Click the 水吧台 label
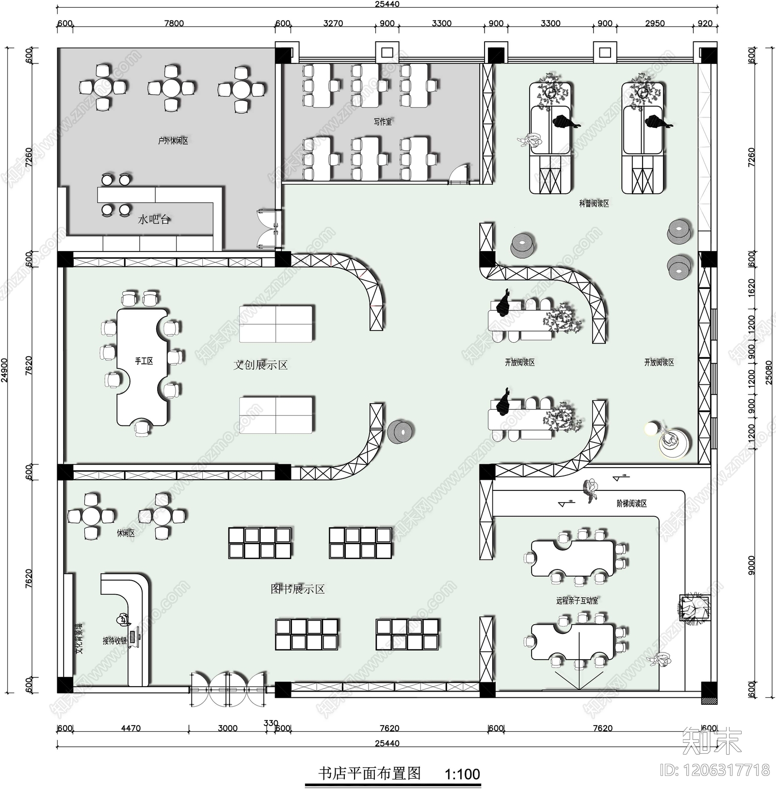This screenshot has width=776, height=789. tap(154, 220)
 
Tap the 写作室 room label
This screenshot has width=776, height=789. tap(383, 122)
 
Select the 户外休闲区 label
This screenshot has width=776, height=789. tap(173, 141)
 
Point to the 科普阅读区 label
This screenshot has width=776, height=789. tap(594, 204)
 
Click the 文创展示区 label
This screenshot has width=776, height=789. tap(260, 365)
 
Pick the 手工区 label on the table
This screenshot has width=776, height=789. tap(144, 361)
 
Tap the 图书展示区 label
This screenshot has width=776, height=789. tap(297, 589)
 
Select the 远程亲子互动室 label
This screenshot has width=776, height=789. tap(577, 601)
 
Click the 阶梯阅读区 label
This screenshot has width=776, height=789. tap(631, 504)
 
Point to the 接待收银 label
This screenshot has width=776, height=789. tap(114, 641)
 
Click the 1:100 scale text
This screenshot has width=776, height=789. tap(462, 774)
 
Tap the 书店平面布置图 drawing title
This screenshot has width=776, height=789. tap(369, 773)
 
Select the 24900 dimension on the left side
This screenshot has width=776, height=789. tap(4, 371)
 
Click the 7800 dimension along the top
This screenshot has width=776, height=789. tap(174, 23)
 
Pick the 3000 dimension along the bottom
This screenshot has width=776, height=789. tap(227, 728)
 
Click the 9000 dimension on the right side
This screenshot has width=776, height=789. tap(751, 566)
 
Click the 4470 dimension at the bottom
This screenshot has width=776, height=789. tap(130, 728)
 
